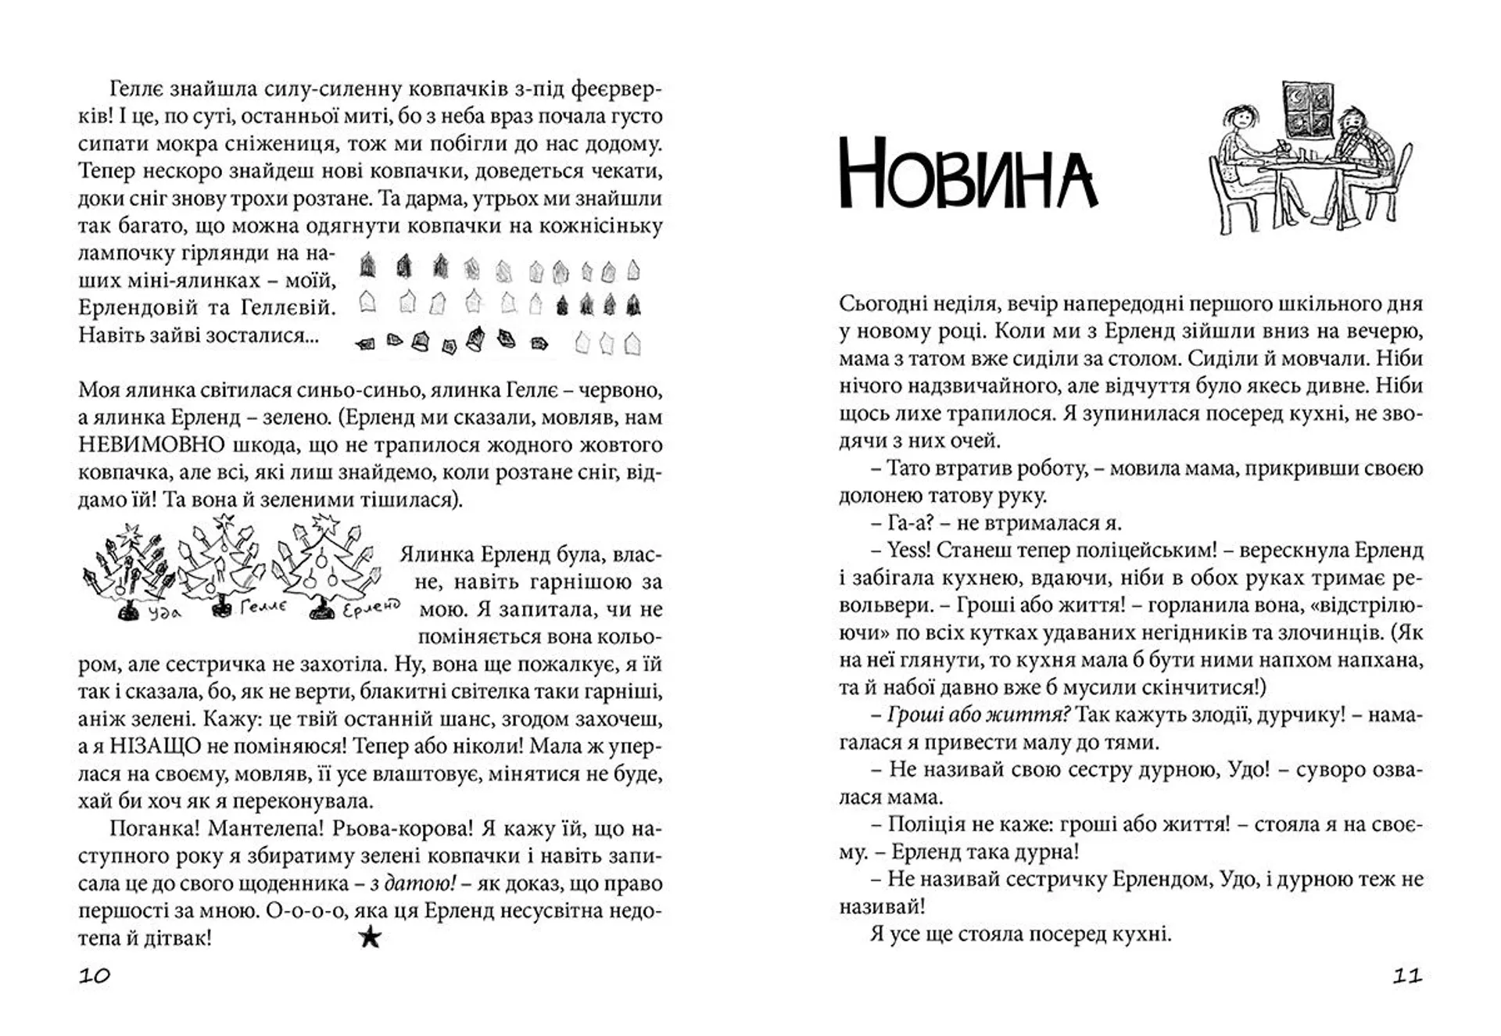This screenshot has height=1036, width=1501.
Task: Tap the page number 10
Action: [95, 975]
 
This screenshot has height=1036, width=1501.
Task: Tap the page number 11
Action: [1406, 975]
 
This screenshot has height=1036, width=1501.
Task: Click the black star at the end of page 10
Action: [370, 937]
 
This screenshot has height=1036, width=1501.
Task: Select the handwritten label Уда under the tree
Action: [163, 613]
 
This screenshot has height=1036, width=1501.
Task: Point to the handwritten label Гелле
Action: [263, 607]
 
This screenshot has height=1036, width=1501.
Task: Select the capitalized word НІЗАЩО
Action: [147, 746]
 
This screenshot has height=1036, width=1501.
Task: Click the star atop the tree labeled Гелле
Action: [226, 520]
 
